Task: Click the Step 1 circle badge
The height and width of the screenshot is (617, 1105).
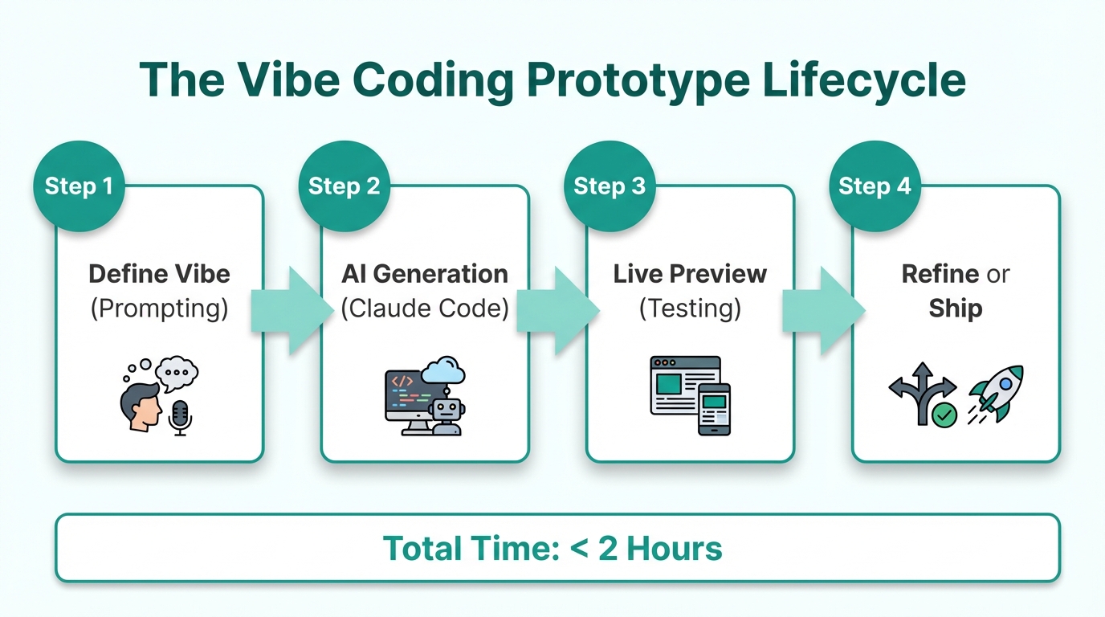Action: coord(79,186)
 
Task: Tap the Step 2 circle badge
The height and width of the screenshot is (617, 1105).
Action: coord(344,186)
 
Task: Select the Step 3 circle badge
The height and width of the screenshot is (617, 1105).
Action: coord(610,186)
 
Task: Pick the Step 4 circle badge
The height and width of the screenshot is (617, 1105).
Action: coord(875,186)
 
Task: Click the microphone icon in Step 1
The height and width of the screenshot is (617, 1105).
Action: coord(181,417)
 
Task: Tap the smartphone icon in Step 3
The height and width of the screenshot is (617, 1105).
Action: coord(714,409)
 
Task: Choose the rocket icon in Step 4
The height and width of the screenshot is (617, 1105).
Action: coord(996,393)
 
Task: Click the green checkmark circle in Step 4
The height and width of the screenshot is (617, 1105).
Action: coord(944,415)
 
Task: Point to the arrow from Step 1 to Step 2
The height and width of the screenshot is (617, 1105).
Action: coord(292,310)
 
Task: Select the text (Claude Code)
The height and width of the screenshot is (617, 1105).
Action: coord(425,308)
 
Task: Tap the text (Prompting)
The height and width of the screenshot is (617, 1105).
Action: coord(159,308)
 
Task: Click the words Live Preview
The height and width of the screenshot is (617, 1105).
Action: coord(690,274)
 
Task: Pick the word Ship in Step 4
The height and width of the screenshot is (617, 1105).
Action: coord(955,308)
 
